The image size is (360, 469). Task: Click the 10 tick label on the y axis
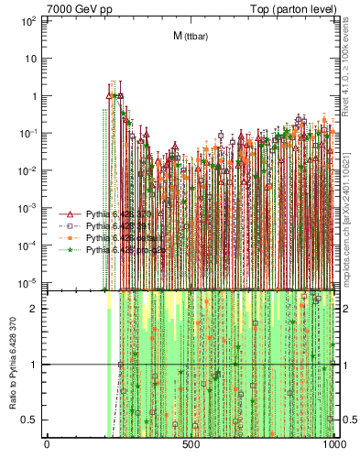[31, 58]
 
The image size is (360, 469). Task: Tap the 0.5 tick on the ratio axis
[33, 420]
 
